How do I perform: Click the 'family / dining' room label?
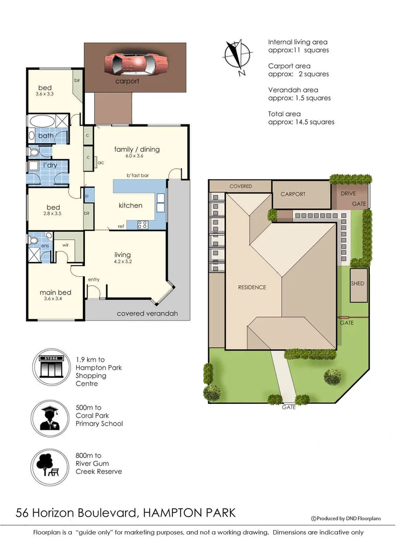(x=137, y=150)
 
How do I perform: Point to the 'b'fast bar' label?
(x=138, y=176)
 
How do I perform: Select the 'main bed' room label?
(x=55, y=292)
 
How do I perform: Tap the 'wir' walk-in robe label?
(x=66, y=244)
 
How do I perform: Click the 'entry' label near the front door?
(x=94, y=280)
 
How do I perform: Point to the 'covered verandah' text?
(x=147, y=314)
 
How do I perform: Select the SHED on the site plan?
(x=358, y=284)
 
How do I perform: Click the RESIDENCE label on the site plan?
(x=252, y=287)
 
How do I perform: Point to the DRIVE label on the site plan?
(x=349, y=194)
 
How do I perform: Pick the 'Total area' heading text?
(x=284, y=114)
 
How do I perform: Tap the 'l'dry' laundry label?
(x=50, y=165)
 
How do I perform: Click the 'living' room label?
(x=123, y=255)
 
